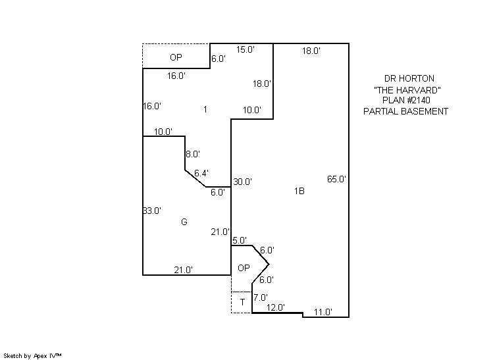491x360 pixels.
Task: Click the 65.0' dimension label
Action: (x=336, y=179)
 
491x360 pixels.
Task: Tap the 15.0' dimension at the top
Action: (x=245, y=49)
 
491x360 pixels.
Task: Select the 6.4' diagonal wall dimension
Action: (x=201, y=173)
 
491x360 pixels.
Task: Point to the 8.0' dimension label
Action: (x=192, y=154)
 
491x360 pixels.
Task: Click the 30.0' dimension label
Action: (x=242, y=182)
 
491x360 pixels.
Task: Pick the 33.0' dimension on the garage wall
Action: (x=151, y=211)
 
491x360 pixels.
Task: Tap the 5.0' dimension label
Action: (x=239, y=240)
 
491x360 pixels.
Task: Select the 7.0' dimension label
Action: (x=260, y=297)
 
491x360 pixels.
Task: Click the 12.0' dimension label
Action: (x=275, y=307)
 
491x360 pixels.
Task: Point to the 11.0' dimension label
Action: (x=323, y=312)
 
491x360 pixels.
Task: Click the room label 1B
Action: (x=299, y=192)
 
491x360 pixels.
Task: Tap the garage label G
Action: (x=184, y=222)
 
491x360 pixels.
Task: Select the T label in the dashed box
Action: (x=242, y=302)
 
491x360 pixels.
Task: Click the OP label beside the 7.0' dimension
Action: (x=243, y=268)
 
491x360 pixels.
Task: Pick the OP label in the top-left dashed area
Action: (x=176, y=58)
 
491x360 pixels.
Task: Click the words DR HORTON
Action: (x=406, y=78)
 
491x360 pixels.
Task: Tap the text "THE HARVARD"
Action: (x=406, y=89)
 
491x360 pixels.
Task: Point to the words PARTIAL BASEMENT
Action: (x=406, y=111)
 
